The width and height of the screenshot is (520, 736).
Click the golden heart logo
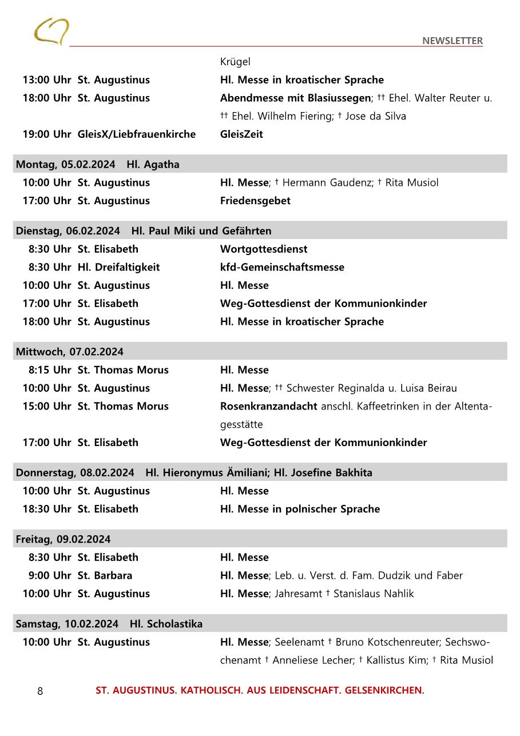(51, 31)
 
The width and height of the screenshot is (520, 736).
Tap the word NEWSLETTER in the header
(452, 41)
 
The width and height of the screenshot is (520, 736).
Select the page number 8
(40, 691)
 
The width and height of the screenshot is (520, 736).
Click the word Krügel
(235, 62)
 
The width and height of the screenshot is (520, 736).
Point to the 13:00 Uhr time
(46, 80)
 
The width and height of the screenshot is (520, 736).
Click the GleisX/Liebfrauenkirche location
(136, 134)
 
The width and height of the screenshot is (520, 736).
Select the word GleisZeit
(241, 134)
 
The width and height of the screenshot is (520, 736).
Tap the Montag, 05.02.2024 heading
(65, 165)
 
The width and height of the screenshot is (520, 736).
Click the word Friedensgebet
(255, 201)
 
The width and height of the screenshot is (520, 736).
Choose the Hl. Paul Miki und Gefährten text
(201, 231)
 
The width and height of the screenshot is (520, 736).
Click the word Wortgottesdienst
(263, 249)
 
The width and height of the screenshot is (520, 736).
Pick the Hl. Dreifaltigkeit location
(118, 267)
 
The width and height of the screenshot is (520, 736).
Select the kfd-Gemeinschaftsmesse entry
(282, 267)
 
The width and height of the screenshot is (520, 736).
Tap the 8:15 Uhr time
(50, 370)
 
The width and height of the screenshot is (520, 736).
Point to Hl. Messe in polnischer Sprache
(300, 509)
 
